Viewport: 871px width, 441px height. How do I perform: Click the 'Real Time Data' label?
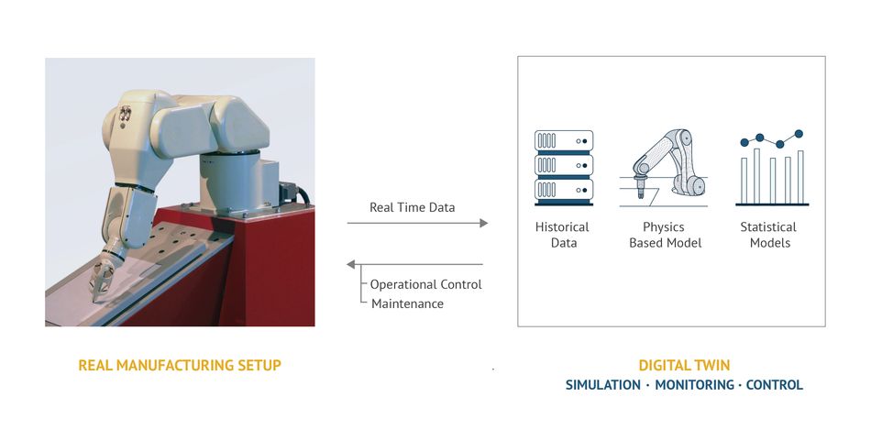coord(413,207)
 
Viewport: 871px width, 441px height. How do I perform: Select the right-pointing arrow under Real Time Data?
coord(418,224)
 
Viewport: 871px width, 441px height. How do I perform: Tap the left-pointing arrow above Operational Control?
coord(414,264)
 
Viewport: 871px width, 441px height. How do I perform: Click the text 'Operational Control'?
coord(426,284)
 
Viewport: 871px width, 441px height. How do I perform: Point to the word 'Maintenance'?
coord(407,303)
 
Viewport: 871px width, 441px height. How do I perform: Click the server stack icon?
coord(564,168)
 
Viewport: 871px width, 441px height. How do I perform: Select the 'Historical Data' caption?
coord(562,235)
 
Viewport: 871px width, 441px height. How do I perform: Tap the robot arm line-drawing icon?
coord(664,168)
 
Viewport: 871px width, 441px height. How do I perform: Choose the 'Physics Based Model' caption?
coord(665,235)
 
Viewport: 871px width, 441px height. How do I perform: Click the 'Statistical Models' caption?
coord(769,235)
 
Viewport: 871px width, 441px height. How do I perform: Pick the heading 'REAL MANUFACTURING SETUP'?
coord(180,365)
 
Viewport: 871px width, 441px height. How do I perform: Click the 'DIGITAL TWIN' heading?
coord(684,365)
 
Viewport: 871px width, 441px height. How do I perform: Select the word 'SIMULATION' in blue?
coord(602,385)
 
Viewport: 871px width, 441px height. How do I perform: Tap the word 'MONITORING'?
coord(694,385)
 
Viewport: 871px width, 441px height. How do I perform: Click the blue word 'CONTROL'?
coord(775,385)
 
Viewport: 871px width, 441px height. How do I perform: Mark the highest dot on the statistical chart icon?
coord(799,133)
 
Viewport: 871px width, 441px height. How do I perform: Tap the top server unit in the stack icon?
coord(564,141)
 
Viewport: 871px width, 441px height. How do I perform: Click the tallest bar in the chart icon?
coord(756,176)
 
